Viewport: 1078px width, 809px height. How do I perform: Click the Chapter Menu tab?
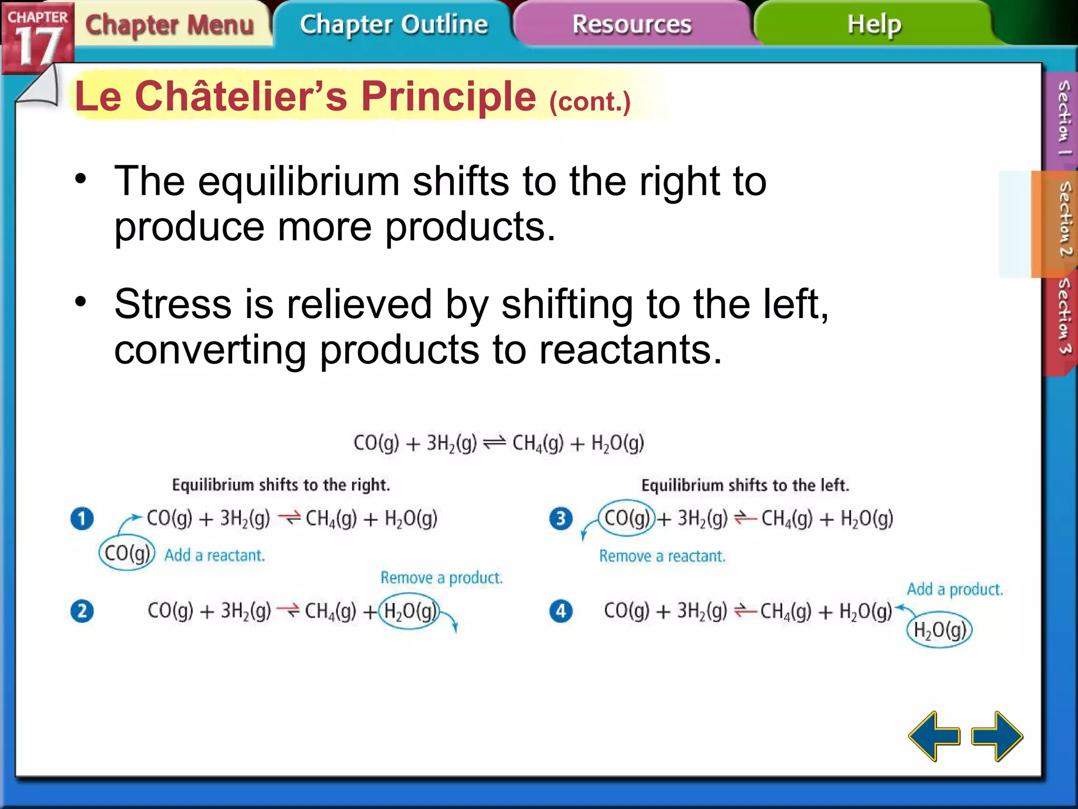point(169,25)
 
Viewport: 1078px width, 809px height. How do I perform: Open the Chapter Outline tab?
point(394,25)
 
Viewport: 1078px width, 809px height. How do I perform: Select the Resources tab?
point(632,25)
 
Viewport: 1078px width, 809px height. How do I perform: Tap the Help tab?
point(874,25)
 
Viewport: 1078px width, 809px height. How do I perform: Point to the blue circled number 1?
point(82,519)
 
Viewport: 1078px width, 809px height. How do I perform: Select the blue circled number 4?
point(561,611)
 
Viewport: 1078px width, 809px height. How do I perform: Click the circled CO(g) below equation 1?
point(127,554)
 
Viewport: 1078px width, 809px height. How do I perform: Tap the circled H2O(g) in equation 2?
point(410,611)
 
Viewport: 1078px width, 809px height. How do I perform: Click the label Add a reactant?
point(214,556)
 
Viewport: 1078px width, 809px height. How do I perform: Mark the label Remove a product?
point(441,578)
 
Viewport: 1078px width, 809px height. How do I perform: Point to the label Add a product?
point(954,589)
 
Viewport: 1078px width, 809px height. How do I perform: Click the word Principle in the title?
point(448,97)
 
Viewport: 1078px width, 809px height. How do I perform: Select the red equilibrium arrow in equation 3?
point(745,519)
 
